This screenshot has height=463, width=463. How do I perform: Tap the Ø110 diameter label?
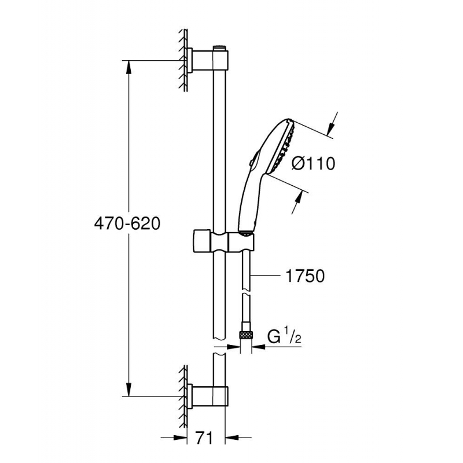pos(313,164)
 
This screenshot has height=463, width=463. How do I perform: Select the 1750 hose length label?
pos(305,277)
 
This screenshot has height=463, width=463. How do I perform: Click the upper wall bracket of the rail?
pos(208,60)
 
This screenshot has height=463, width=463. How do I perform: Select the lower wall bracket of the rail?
pos(208,396)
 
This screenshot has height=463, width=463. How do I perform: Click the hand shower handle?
pos(248,200)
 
